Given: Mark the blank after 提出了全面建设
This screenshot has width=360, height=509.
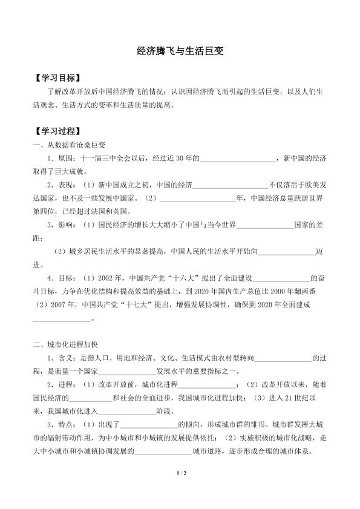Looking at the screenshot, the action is click(281, 278).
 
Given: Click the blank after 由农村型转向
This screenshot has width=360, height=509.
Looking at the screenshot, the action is click(284, 360).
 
